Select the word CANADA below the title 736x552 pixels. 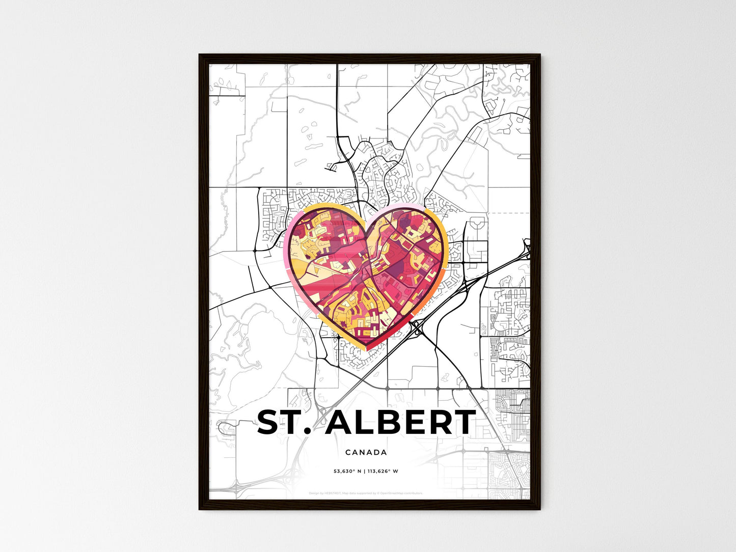(x=366, y=452)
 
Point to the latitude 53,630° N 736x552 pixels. (x=347, y=471)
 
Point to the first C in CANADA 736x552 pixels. (x=348, y=452)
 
